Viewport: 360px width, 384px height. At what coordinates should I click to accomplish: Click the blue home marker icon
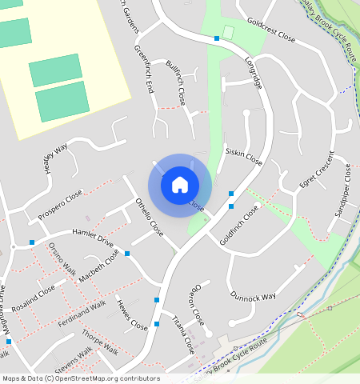tap(180, 185)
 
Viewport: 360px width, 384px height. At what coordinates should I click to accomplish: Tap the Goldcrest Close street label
tap(271, 30)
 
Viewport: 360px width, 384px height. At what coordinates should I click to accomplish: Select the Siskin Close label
tap(244, 155)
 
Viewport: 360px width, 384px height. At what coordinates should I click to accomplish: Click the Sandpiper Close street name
tap(342, 190)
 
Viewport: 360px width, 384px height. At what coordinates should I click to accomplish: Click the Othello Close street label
tap(150, 218)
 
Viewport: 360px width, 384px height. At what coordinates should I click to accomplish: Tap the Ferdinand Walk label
tap(82, 314)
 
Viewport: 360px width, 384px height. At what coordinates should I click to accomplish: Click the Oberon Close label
tap(196, 304)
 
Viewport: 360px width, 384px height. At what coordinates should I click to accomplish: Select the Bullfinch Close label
tap(175, 83)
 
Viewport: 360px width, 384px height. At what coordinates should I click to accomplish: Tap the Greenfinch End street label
tap(144, 70)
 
